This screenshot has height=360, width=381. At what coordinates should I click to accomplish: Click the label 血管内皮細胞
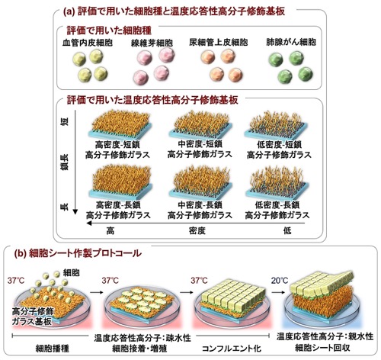(x=88, y=43)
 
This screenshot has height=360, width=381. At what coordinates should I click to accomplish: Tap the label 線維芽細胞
(x=152, y=43)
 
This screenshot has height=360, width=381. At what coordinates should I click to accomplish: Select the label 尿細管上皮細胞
(x=219, y=42)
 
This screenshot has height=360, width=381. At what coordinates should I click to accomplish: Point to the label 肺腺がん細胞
(x=291, y=42)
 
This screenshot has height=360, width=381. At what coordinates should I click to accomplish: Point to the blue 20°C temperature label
(x=280, y=281)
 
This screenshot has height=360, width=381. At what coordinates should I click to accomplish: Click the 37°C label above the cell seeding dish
(x=16, y=281)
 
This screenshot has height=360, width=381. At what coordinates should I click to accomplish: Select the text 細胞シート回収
(x=322, y=348)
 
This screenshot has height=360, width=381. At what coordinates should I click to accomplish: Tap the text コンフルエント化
(x=232, y=348)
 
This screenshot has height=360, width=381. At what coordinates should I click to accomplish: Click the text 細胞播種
(x=53, y=348)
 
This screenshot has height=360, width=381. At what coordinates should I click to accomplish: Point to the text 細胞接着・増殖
(x=139, y=348)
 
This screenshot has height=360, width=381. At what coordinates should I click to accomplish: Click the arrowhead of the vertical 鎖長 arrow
(x=75, y=212)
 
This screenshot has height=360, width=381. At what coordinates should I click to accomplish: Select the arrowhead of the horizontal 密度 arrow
(x=89, y=223)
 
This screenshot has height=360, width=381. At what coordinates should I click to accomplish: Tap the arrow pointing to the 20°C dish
(x=278, y=292)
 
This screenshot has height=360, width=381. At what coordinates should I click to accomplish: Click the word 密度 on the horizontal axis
(x=197, y=231)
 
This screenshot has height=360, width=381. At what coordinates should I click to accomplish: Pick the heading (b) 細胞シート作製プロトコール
(x=78, y=253)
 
